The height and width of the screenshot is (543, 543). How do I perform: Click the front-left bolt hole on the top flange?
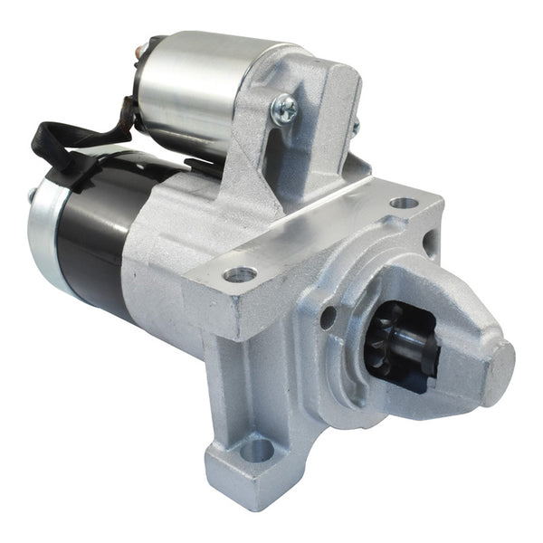(240, 273)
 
